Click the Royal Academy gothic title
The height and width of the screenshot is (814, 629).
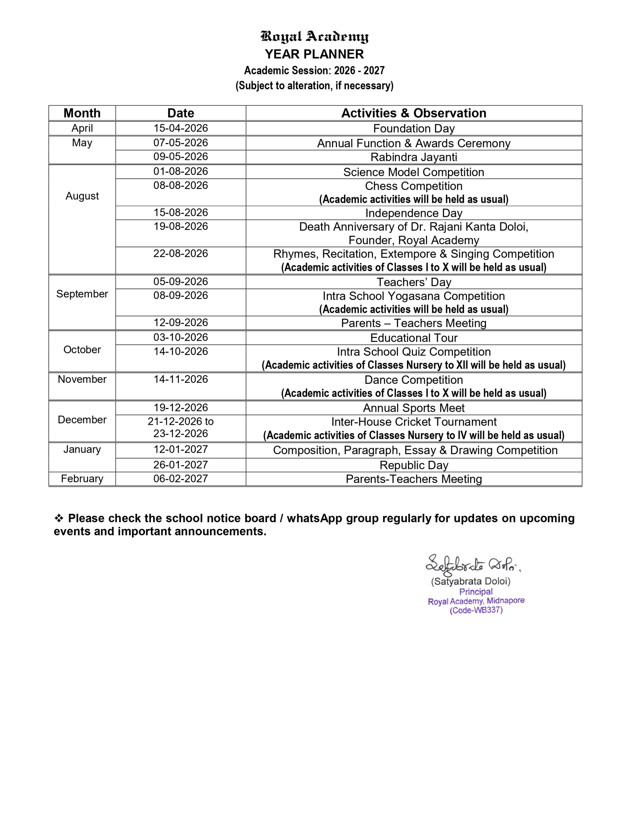pos(314,37)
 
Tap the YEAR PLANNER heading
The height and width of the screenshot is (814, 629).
pos(314,54)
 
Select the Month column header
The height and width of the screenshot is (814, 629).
pos(82,113)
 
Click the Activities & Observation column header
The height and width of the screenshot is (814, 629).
pos(413,113)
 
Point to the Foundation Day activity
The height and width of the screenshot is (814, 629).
pos(413,128)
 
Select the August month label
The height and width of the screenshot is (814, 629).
pos(82,196)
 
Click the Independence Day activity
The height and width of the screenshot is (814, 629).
pos(413,213)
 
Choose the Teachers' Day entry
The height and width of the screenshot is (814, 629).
pos(413,282)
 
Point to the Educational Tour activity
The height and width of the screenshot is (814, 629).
pos(413,338)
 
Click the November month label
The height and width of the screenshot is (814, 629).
pos(82,379)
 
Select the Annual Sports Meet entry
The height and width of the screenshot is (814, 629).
pos(413,408)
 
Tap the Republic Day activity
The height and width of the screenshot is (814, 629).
pos(413,465)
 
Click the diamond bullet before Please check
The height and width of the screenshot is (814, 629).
pos(59,518)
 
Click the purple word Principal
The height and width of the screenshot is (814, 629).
pos(476,592)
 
